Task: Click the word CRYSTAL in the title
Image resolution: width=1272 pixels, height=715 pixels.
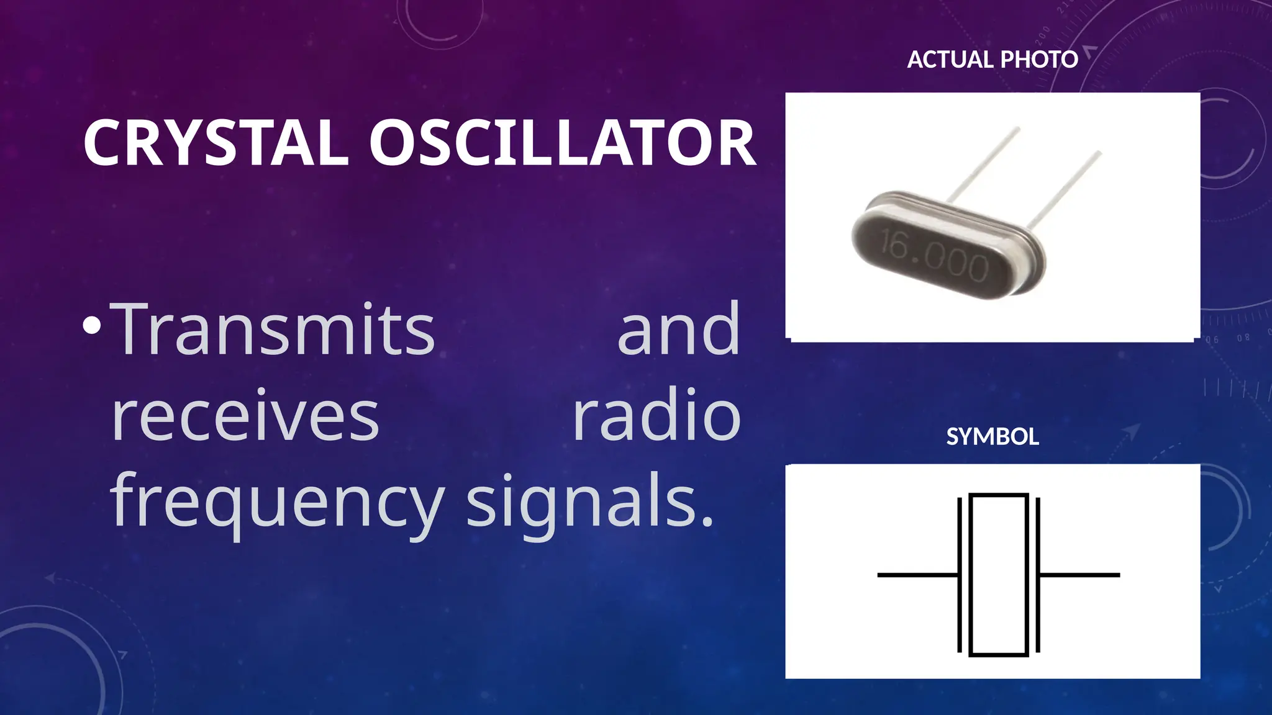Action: (216, 143)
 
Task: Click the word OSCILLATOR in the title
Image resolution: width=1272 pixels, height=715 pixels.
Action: (562, 143)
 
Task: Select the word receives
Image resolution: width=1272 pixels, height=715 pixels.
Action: (245, 416)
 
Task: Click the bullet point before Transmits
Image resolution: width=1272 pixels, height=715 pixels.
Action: (91, 325)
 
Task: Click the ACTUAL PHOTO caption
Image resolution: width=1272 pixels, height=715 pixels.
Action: (992, 60)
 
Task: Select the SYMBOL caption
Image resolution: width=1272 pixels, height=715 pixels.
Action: (992, 436)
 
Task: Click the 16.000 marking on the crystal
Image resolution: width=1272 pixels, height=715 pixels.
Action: (934, 255)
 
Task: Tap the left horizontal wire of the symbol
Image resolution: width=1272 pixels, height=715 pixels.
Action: (916, 575)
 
